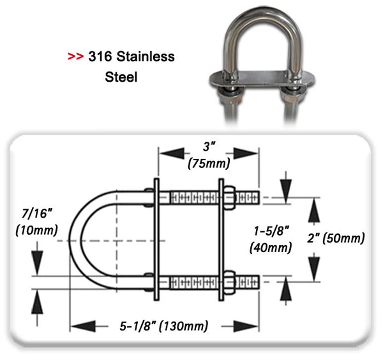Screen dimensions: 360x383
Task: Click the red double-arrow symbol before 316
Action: coord(75,57)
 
